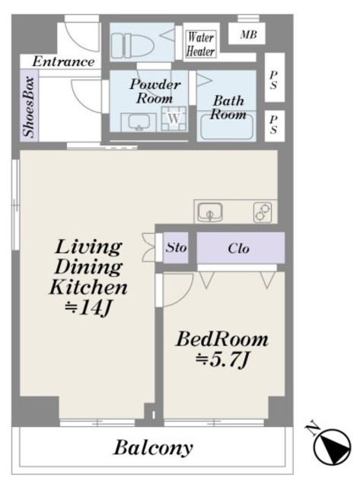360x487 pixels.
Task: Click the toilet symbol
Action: (x=132, y=46)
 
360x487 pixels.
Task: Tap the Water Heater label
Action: (x=201, y=44)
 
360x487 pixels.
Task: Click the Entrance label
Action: (x=63, y=62)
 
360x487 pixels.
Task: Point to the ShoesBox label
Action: (x=29, y=107)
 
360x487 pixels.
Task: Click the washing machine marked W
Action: (x=174, y=119)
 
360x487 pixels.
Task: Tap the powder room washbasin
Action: (x=139, y=122)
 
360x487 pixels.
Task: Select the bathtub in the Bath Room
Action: (x=227, y=127)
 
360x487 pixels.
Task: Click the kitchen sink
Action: (x=210, y=212)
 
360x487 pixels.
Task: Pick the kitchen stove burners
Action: (x=263, y=212)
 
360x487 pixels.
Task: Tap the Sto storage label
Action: (x=176, y=247)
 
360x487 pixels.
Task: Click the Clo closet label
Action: (x=238, y=249)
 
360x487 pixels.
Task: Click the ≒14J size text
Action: (x=88, y=308)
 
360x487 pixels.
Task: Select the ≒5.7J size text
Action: (x=221, y=360)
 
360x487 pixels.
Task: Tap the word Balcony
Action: (x=154, y=448)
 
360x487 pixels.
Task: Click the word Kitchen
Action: (x=88, y=287)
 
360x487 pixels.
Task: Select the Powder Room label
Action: (x=155, y=91)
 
